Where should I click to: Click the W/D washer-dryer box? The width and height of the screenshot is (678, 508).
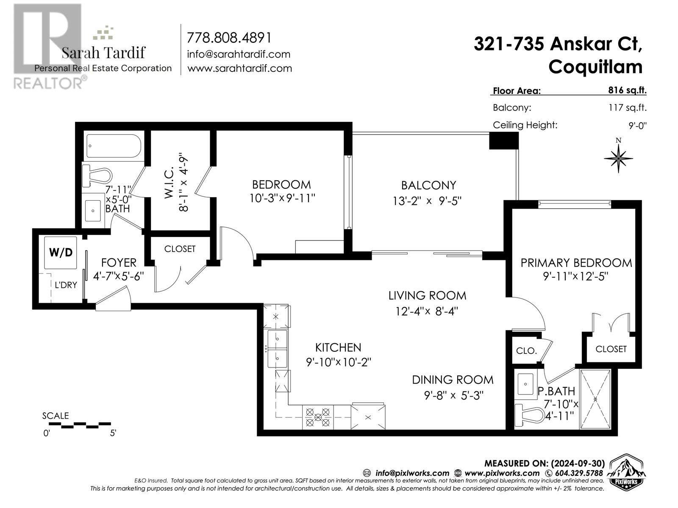61,253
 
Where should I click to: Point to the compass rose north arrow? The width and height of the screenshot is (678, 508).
618,157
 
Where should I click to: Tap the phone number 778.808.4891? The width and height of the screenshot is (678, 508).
229,38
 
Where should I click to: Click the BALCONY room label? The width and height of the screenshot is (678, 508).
428,185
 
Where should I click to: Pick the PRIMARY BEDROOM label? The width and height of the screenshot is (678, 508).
576,263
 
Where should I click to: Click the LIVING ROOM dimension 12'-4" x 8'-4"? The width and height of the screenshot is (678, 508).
427,312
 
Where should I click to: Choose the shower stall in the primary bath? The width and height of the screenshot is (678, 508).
595,399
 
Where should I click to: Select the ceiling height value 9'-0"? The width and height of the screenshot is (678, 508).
638,125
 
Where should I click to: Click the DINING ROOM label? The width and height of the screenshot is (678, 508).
453,380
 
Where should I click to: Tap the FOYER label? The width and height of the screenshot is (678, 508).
119,263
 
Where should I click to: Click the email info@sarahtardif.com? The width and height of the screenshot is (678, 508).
239,54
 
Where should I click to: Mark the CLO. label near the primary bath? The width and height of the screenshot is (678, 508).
526,351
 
